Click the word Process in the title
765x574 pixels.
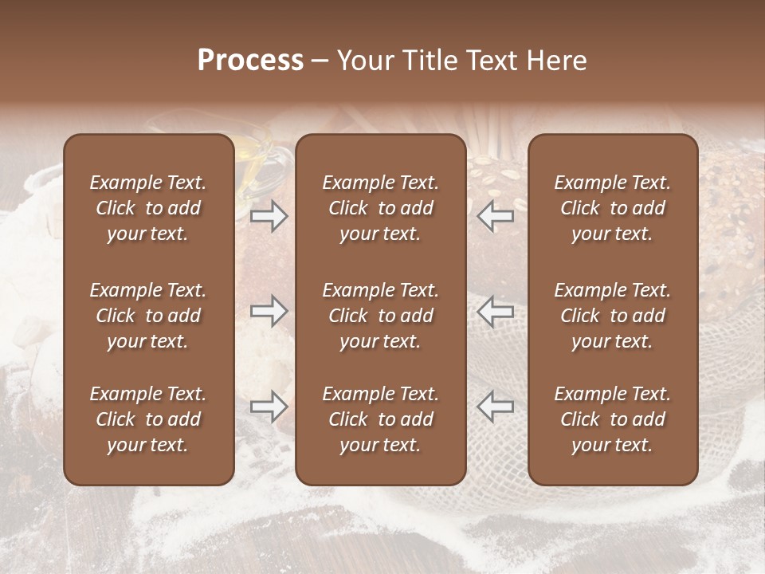tap(250, 61)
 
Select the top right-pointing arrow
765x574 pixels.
tap(269, 216)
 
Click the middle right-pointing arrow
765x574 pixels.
tap(269, 310)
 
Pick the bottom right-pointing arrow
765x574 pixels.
tap(269, 407)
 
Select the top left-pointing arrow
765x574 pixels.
tap(495, 216)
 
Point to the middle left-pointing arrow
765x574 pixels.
tap(495, 310)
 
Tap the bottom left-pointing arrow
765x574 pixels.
tap(495, 407)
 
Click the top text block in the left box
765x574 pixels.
tap(148, 208)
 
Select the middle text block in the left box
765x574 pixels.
tap(148, 316)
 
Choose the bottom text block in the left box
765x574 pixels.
tap(148, 419)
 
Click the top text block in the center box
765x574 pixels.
tap(380, 208)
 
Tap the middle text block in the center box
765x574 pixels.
tap(380, 316)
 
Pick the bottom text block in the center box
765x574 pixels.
tap(380, 419)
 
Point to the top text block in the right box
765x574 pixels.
tap(612, 208)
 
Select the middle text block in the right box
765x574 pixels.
tap(612, 316)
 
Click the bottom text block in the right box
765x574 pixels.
tap(612, 419)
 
